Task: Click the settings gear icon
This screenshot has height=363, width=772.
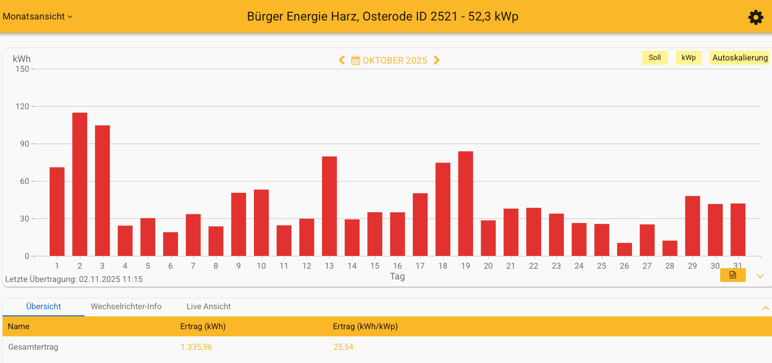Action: tap(756, 17)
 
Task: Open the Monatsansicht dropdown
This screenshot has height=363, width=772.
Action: tap(37, 16)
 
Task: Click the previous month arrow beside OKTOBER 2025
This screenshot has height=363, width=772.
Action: tap(342, 60)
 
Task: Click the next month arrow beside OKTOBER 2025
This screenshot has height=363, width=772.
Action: tap(437, 60)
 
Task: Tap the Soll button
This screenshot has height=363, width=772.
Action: tap(655, 58)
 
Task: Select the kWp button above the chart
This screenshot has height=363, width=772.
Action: tap(688, 58)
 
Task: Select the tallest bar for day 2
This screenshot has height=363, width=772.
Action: tap(80, 184)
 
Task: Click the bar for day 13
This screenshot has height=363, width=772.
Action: tap(329, 206)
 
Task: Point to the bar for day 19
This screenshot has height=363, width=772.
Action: tap(465, 204)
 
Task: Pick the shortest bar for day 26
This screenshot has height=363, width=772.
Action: tap(624, 250)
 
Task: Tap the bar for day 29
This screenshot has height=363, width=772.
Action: tap(692, 226)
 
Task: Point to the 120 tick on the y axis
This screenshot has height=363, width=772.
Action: tap(22, 107)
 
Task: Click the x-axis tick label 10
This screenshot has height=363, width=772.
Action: tap(261, 266)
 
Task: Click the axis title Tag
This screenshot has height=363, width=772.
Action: tap(397, 277)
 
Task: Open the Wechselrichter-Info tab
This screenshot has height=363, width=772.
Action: tap(126, 307)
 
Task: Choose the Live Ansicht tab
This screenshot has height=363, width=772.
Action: tap(209, 307)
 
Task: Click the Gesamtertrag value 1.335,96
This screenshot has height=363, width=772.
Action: tap(196, 347)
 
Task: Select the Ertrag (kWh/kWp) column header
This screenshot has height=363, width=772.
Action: tap(365, 327)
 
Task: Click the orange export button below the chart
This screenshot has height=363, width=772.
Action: tap(733, 275)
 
